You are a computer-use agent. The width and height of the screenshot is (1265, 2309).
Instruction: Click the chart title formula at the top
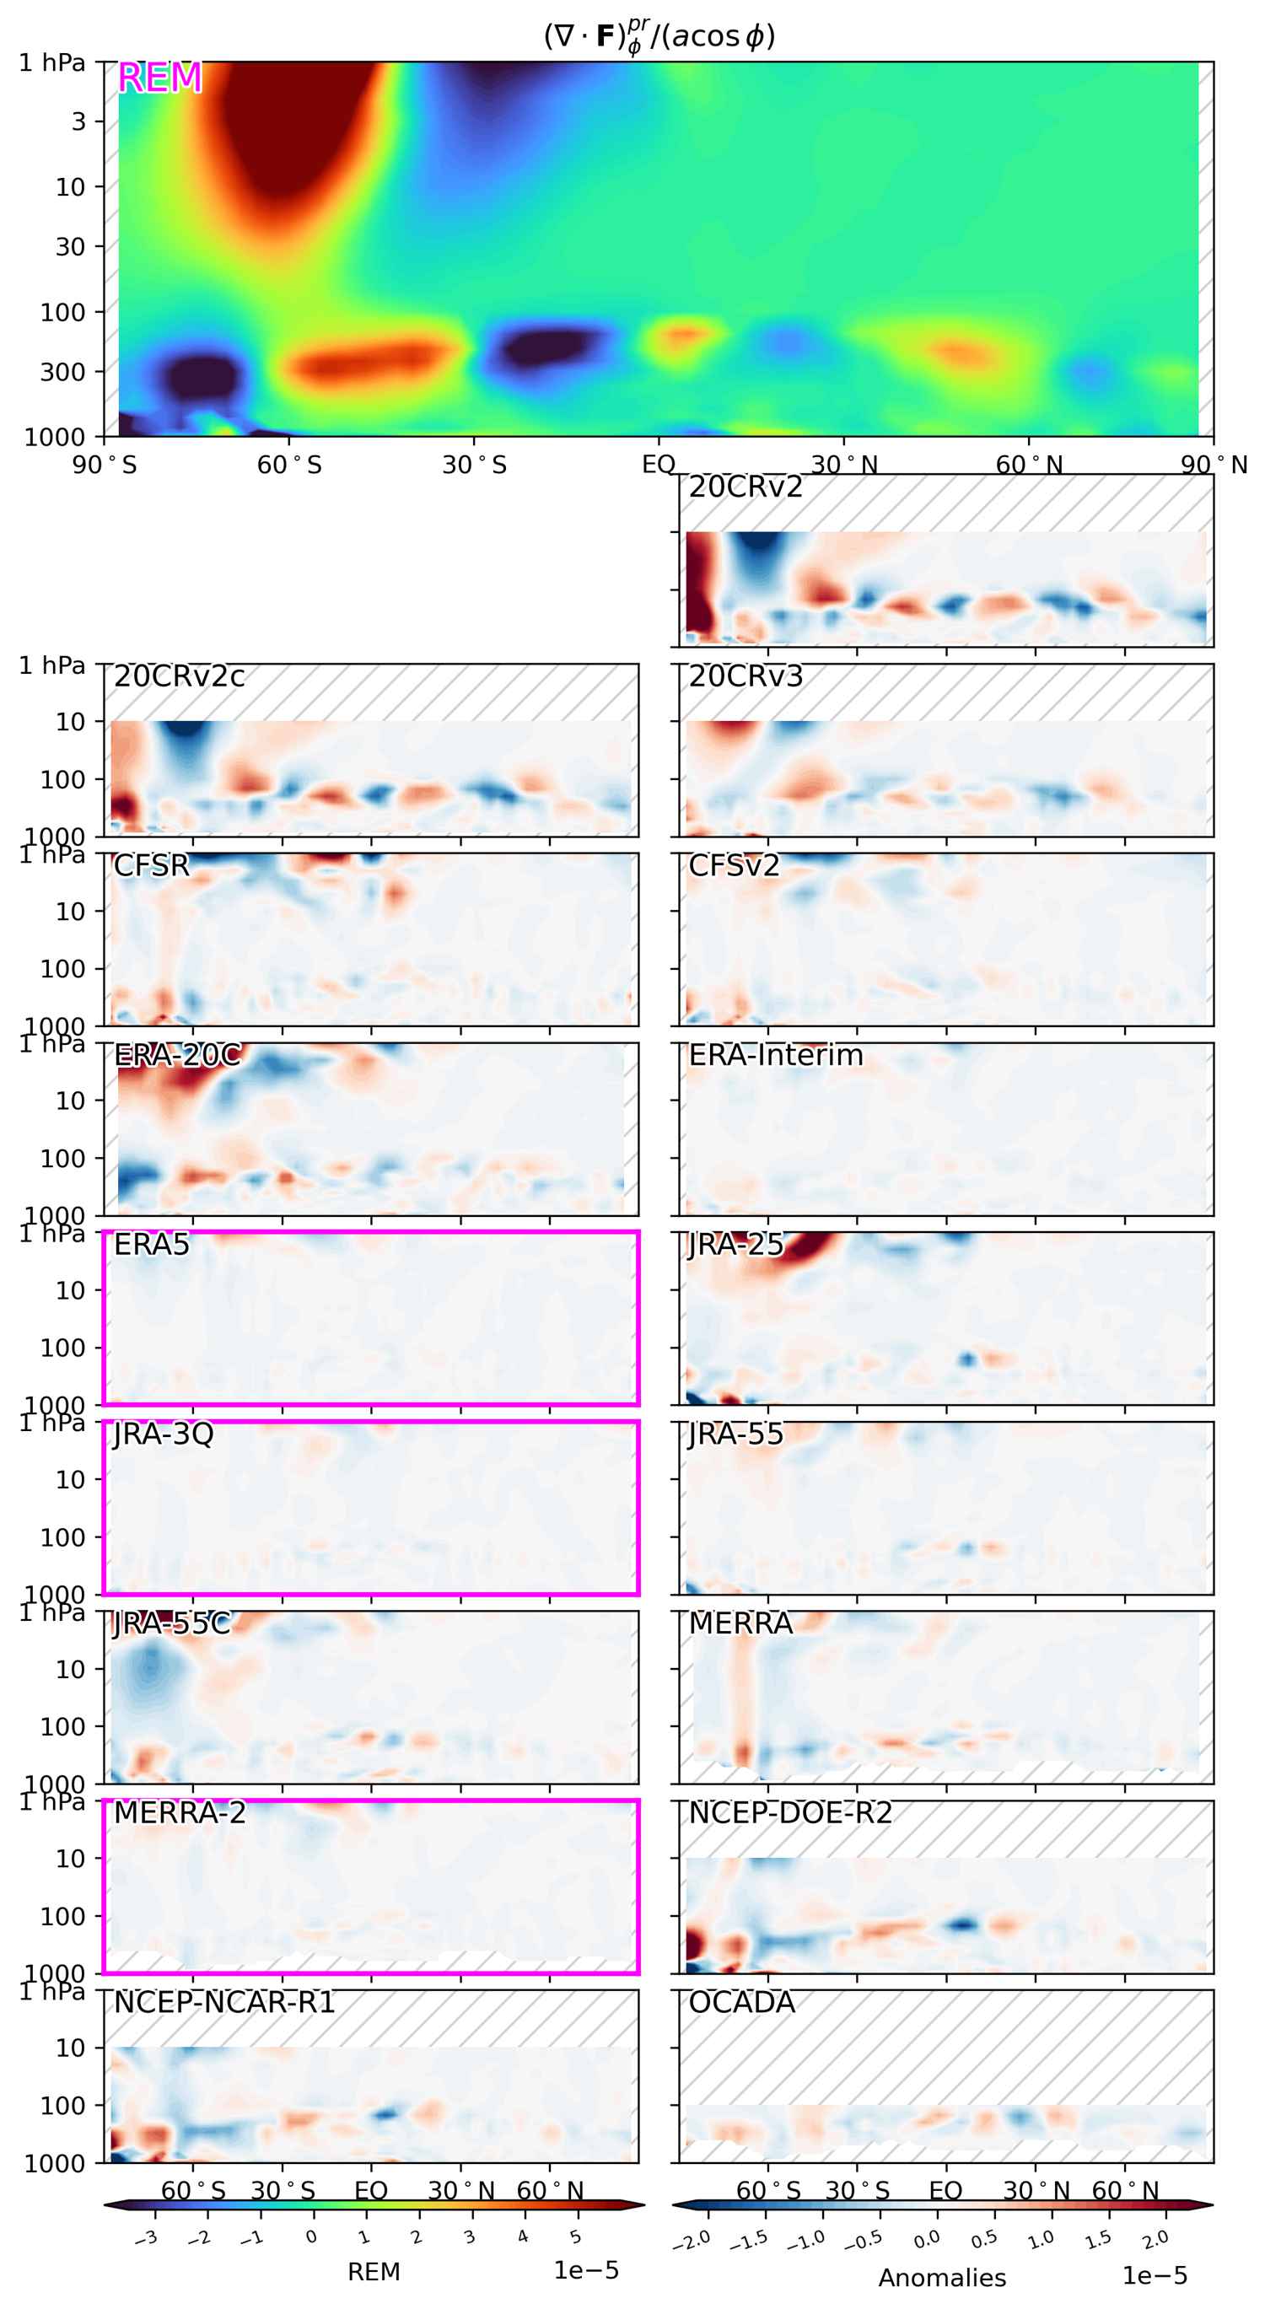(659, 36)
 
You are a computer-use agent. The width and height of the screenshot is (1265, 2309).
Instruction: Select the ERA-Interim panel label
(776, 1055)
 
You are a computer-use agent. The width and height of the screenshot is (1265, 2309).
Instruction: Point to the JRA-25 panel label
(735, 1244)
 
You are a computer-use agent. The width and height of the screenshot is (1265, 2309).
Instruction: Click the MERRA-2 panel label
(180, 1812)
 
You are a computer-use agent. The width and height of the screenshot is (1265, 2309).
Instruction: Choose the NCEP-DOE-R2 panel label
(790, 1812)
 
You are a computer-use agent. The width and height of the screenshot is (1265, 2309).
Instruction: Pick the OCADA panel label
(741, 2001)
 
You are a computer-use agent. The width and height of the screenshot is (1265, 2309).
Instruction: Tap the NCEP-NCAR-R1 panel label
(224, 2001)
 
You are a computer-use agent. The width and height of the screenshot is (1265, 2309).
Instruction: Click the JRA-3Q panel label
(163, 1434)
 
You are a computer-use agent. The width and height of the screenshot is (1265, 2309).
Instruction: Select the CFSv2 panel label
(734, 866)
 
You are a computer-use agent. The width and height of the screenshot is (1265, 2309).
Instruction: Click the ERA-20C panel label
(177, 1055)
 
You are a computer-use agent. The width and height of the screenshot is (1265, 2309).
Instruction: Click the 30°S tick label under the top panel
(474, 466)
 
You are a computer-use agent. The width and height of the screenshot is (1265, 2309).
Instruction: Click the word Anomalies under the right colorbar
(942, 2278)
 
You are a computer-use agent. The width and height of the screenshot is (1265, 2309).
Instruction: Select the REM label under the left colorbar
(374, 2271)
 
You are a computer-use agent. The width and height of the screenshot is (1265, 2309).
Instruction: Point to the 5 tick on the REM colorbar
(575, 2238)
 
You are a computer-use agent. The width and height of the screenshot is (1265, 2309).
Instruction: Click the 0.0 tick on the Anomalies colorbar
(926, 2240)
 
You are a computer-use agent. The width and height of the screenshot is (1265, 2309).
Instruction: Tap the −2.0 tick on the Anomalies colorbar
(692, 2240)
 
